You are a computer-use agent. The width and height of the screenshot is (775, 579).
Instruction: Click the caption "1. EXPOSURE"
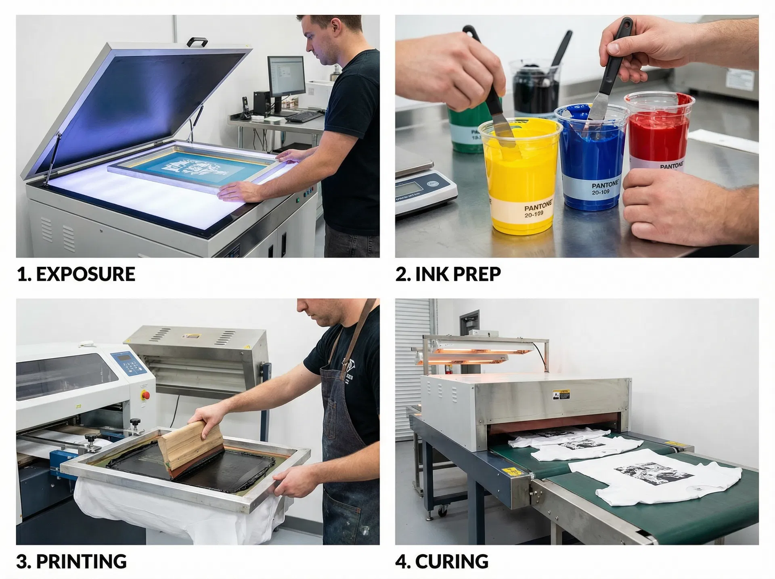point(76,274)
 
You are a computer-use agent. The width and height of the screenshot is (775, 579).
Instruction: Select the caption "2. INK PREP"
point(448,274)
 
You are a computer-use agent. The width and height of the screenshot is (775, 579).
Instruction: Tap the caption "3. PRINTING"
point(71,562)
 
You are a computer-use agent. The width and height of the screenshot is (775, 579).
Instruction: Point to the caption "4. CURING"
point(442,562)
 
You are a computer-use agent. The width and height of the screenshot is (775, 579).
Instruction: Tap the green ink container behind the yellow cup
point(464,129)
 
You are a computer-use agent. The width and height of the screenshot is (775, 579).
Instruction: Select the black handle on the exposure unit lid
point(197,41)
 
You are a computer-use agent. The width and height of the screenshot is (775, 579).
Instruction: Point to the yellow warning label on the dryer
point(561,394)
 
